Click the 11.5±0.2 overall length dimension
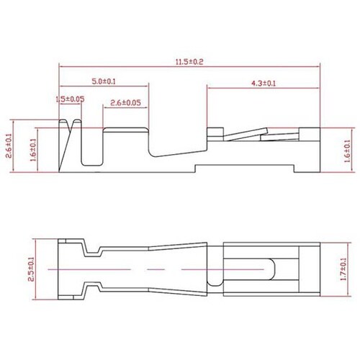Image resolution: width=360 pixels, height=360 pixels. tap(189, 63)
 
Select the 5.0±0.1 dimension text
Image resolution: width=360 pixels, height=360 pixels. tap(104, 81)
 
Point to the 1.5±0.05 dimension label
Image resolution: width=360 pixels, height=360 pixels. tap(70, 99)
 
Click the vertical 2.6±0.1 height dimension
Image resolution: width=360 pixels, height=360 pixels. tap(9, 145)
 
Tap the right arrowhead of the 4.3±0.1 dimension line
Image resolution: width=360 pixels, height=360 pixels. tap(318, 89)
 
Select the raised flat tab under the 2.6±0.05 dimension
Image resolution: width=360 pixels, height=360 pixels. tap(125, 130)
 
